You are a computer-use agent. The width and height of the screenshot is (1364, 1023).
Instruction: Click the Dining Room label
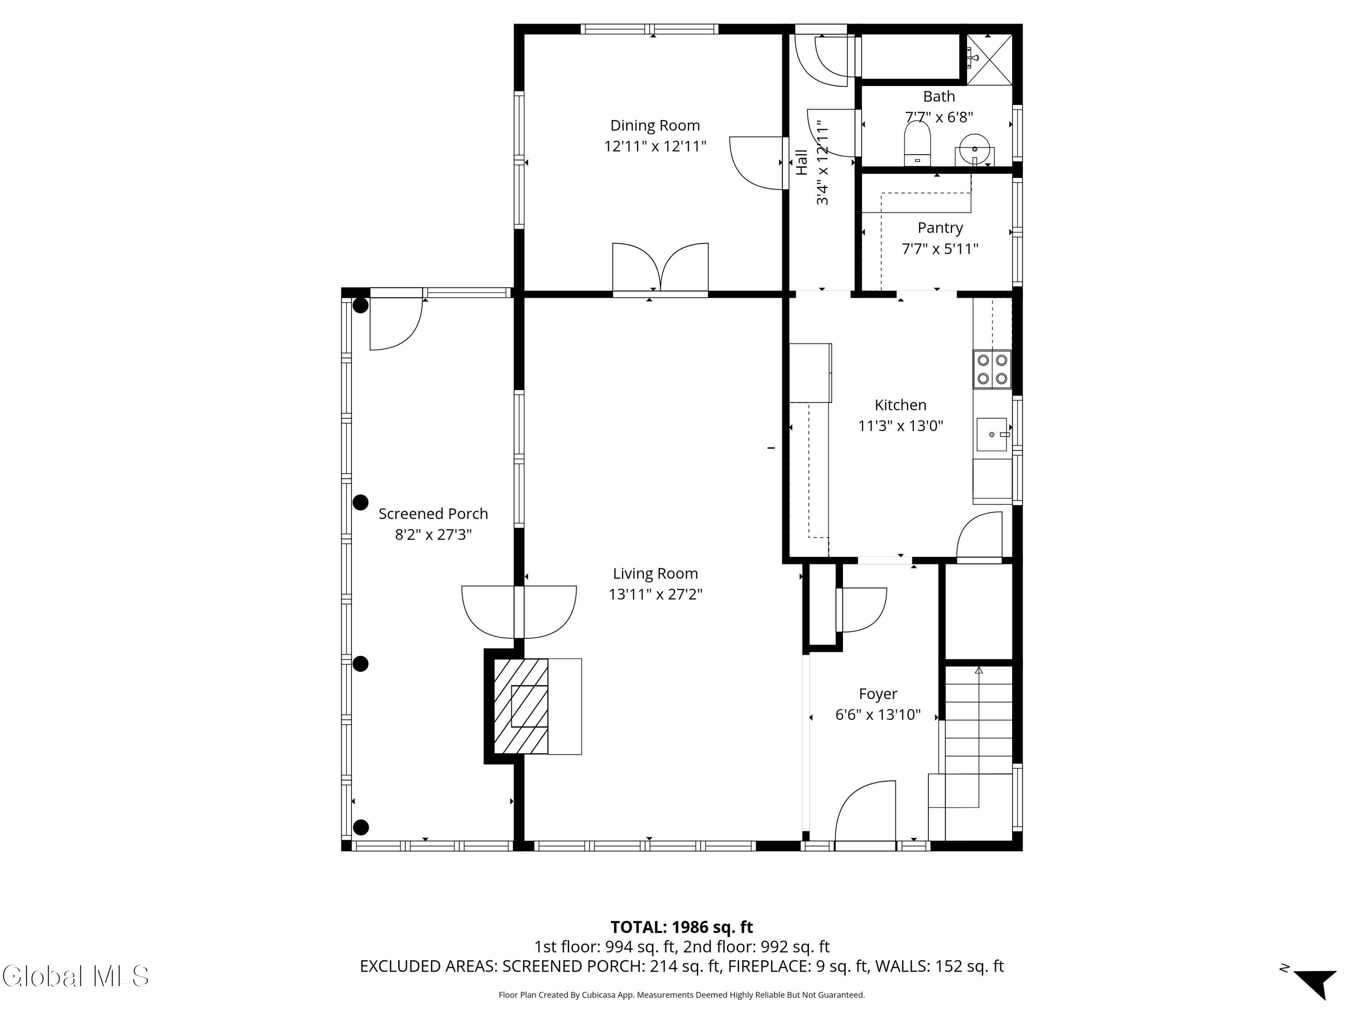[655, 126]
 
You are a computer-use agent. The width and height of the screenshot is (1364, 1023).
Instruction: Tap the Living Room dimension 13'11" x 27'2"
[656, 594]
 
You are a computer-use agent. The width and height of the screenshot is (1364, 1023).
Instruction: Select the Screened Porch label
[433, 514]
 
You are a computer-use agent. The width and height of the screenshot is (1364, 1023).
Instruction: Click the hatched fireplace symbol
[521, 706]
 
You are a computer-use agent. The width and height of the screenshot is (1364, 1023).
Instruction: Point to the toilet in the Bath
[917, 144]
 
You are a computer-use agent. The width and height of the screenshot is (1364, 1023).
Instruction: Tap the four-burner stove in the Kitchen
[992, 369]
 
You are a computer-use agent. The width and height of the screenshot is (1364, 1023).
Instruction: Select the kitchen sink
[992, 435]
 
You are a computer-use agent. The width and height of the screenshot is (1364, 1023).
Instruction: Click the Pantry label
[940, 228]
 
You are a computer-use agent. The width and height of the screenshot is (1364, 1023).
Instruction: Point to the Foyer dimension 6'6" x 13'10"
[878, 715]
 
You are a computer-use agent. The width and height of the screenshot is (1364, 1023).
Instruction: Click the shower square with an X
[989, 59]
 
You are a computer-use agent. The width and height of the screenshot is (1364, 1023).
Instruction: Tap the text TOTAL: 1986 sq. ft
[682, 927]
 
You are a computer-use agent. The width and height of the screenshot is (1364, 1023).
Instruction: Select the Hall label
[802, 162]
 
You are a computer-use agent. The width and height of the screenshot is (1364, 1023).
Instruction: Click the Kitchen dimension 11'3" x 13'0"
[901, 426]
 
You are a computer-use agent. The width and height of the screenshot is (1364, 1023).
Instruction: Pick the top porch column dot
[361, 305]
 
